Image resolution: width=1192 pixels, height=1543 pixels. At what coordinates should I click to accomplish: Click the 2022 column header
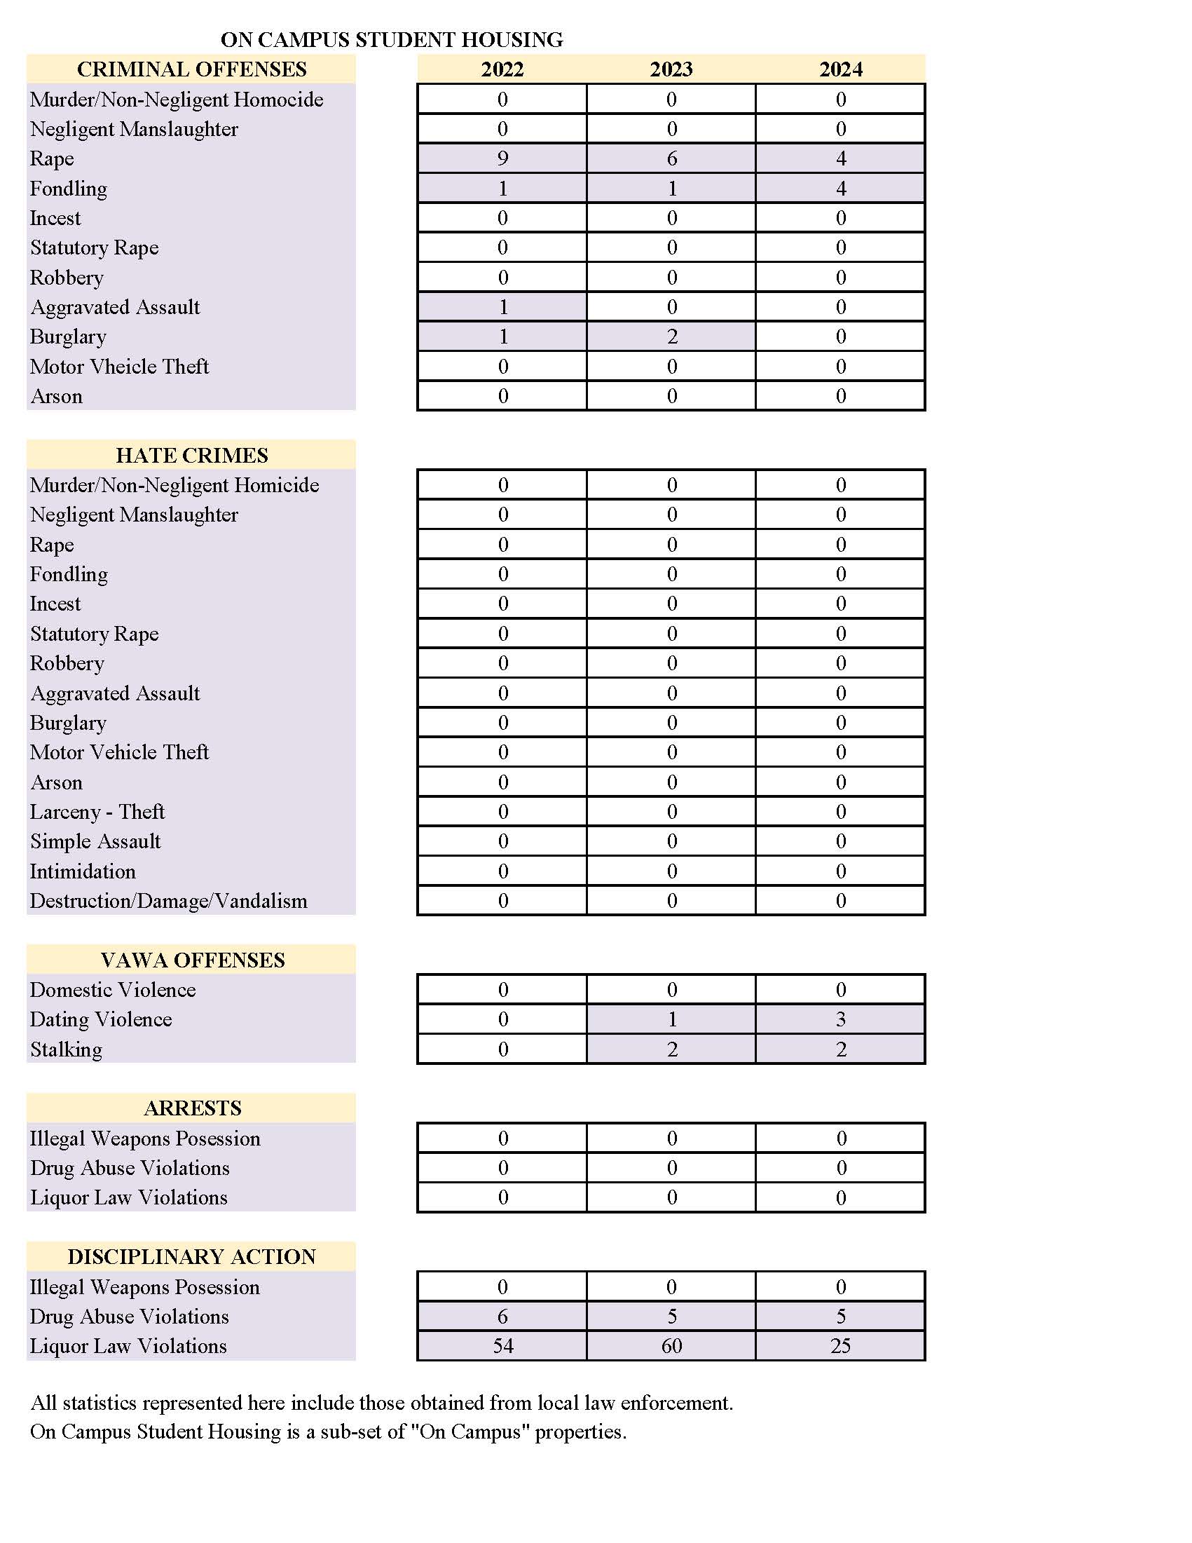[502, 69]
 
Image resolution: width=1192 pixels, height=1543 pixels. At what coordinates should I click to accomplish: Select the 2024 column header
[840, 69]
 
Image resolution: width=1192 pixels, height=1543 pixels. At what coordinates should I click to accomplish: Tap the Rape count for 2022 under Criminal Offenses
[502, 158]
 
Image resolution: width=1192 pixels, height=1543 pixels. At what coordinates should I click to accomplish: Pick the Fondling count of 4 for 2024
[840, 189]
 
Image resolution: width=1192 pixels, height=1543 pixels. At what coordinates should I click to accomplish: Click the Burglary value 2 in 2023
[671, 337]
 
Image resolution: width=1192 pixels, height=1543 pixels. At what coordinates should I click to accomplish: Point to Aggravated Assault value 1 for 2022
[502, 306]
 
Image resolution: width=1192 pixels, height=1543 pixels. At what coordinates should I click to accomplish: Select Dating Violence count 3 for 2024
[840, 1019]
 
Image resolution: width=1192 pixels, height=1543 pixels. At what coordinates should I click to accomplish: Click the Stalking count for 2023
[671, 1049]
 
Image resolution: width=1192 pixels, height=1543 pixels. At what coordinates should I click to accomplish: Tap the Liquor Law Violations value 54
[502, 1346]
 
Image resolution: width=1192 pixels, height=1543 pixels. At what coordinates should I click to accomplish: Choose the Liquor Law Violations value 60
[671, 1346]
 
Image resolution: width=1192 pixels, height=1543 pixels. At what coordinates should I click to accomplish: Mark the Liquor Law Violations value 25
[840, 1346]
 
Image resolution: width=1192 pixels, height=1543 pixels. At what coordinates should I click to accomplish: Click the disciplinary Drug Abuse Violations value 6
[502, 1317]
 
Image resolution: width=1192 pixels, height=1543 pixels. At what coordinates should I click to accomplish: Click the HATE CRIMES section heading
[192, 455]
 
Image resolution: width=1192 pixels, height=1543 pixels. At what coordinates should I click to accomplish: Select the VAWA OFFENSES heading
[192, 960]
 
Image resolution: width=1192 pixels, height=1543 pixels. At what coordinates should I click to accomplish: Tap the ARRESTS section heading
[192, 1108]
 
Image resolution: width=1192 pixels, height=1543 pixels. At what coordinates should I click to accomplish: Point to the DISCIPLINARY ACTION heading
[192, 1256]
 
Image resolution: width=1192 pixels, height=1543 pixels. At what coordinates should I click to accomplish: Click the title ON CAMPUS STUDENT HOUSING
[392, 39]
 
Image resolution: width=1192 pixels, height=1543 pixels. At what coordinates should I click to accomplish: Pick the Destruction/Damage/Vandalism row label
[169, 901]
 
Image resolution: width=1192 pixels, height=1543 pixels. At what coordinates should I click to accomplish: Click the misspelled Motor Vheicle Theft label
[119, 366]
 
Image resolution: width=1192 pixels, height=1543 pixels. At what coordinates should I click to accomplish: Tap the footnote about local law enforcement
[381, 1402]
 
